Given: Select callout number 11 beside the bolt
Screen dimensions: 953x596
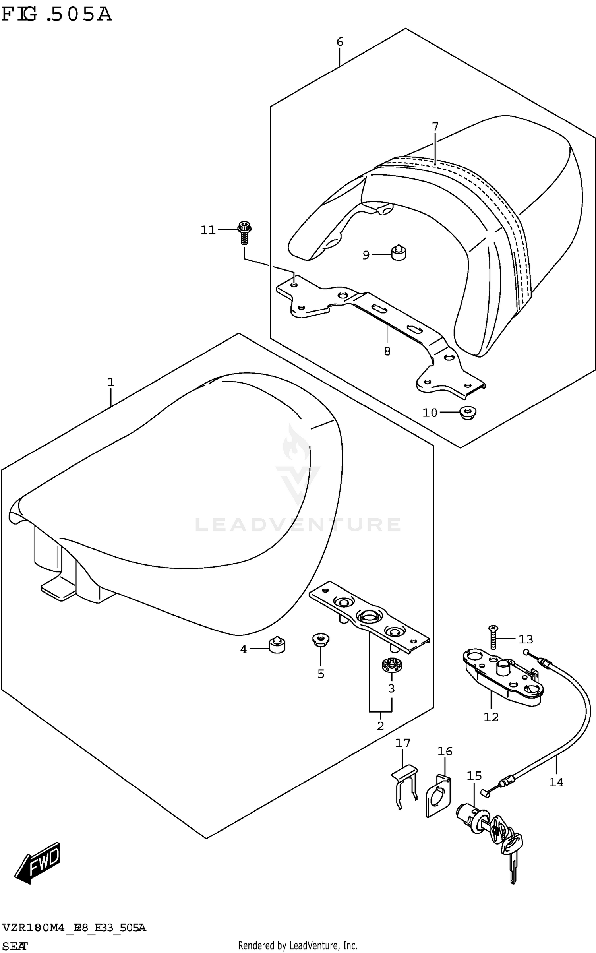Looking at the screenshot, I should coord(208,230).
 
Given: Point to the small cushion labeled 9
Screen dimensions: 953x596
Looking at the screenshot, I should coord(399,253).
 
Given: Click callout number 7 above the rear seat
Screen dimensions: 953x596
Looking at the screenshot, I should coord(435,127).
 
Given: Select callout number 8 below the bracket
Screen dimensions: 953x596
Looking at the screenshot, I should coord(387,351).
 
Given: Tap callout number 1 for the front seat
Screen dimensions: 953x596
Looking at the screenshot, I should coord(111,382).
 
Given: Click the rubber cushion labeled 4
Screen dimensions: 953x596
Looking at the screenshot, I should coord(277,645).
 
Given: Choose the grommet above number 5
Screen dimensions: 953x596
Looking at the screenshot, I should coord(320,640).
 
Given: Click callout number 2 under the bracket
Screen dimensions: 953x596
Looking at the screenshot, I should coord(380,726).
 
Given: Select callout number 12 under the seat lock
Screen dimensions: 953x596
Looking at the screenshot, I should coord(491,717).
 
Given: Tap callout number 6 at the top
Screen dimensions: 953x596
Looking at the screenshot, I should coord(340,42).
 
